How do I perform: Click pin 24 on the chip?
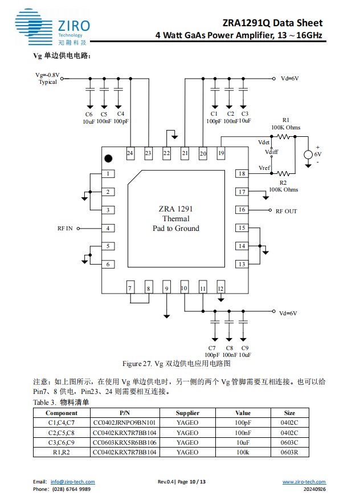coord(130,153)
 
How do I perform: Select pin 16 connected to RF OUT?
coord(242,210)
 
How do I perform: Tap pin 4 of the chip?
coord(108,228)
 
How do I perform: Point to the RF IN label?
coord(64,229)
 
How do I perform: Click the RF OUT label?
coord(286,211)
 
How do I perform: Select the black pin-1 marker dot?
coord(108,158)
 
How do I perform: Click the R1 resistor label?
coord(285,120)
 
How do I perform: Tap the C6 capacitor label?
coord(89,114)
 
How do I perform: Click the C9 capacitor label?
coord(244,347)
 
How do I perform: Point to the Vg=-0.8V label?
coord(47,75)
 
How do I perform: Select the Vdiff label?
coord(272,152)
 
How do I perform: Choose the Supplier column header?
coord(187,413)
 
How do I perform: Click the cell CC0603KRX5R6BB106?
coord(124,442)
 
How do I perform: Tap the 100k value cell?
coord(243,452)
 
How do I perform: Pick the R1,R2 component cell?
coord(62,452)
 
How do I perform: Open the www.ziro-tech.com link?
coord(304,482)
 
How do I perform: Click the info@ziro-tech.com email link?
coord(72,482)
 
